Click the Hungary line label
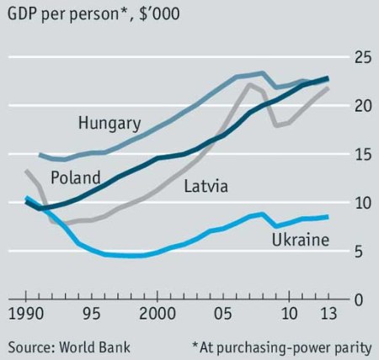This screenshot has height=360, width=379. [109, 123]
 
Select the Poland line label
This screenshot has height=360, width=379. [75, 177]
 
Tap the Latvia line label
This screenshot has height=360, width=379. [207, 185]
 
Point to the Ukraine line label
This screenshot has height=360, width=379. [299, 241]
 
